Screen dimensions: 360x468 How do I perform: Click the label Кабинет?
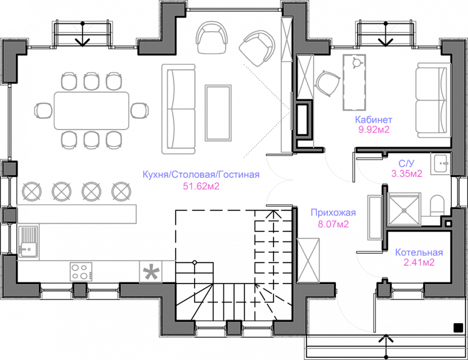(x=373, y=119)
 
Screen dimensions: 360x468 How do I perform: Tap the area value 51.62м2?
(x=201, y=186)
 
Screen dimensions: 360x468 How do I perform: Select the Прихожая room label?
(x=333, y=213)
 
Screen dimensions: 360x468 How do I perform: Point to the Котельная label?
(x=419, y=253)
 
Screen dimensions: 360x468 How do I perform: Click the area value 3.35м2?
(x=407, y=174)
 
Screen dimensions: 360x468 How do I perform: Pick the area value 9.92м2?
(x=373, y=130)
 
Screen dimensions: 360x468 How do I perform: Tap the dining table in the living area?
(x=92, y=109)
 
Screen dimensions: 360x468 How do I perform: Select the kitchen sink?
(x=29, y=242)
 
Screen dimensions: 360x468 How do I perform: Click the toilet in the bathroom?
(x=437, y=206)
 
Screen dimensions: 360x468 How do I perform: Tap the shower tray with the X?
(x=403, y=209)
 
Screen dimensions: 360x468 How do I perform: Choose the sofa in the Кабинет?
(x=431, y=100)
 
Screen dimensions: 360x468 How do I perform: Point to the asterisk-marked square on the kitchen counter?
(x=151, y=272)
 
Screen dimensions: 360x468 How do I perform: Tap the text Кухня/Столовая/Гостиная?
(x=201, y=175)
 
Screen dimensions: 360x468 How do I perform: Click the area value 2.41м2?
(x=419, y=263)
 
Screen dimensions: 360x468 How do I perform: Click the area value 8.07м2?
(x=333, y=225)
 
